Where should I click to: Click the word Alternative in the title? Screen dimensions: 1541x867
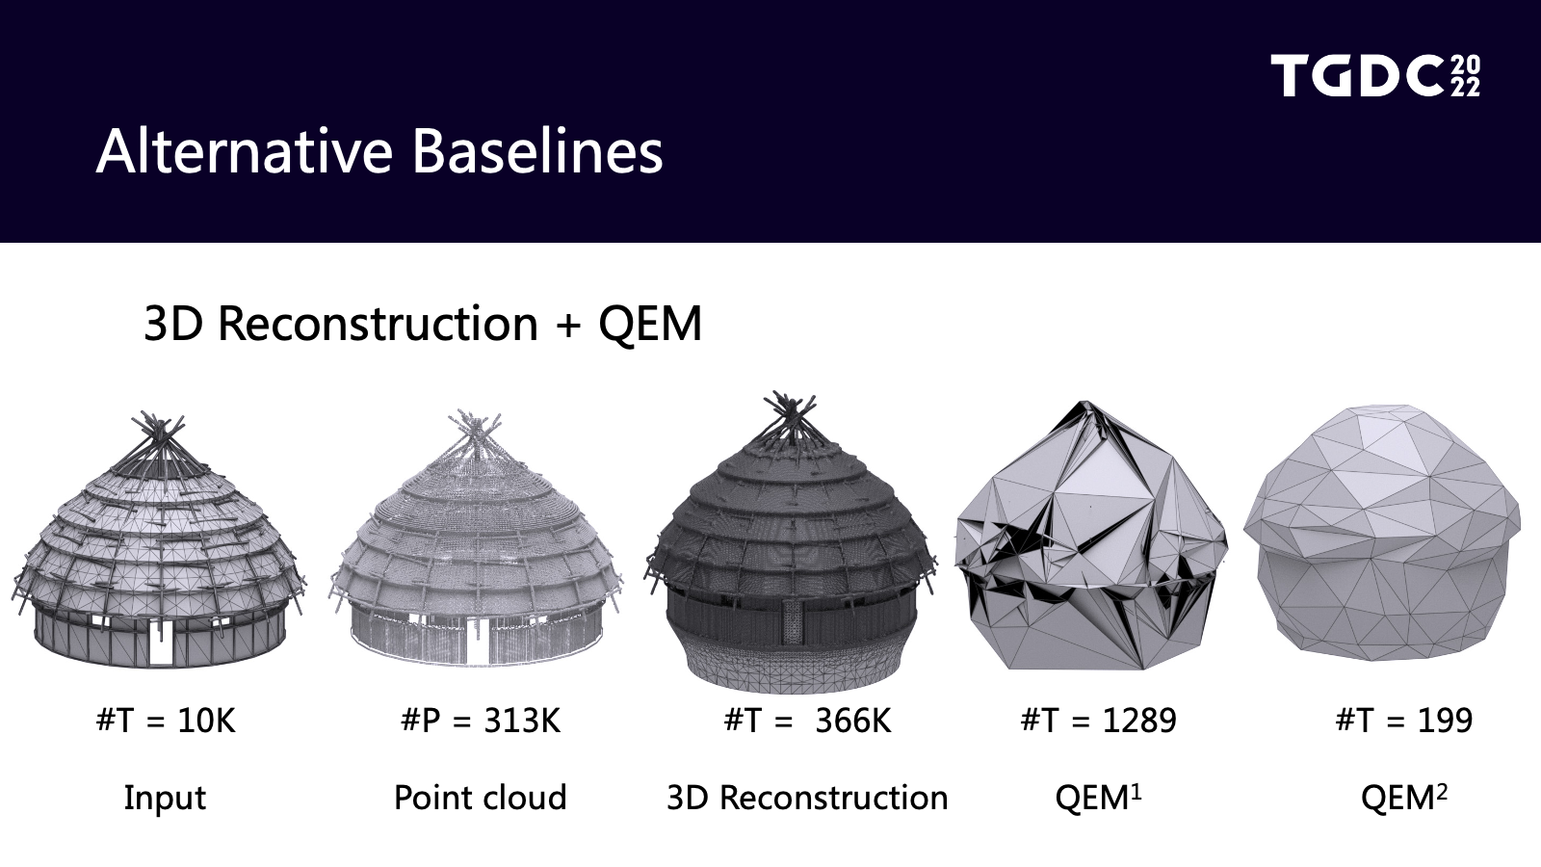(x=245, y=152)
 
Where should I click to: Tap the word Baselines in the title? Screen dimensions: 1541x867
(x=537, y=152)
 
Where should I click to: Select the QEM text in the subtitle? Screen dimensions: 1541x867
(x=650, y=323)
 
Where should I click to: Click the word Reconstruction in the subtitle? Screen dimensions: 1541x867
(x=378, y=323)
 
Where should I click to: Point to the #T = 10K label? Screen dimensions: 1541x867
(x=166, y=721)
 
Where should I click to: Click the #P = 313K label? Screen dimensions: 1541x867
(x=481, y=721)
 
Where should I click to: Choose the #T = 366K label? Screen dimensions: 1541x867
(x=808, y=721)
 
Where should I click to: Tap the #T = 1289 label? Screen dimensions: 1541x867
(x=1098, y=721)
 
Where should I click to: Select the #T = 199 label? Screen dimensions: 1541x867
(x=1403, y=721)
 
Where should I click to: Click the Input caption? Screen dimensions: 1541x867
(x=165, y=799)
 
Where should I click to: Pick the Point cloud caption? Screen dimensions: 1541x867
(x=481, y=798)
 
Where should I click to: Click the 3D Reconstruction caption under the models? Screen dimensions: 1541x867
(x=808, y=798)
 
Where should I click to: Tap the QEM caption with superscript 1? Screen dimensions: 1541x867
(x=1098, y=798)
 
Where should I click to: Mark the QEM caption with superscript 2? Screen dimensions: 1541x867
(x=1403, y=798)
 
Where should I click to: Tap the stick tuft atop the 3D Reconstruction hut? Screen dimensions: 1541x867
(x=791, y=416)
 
